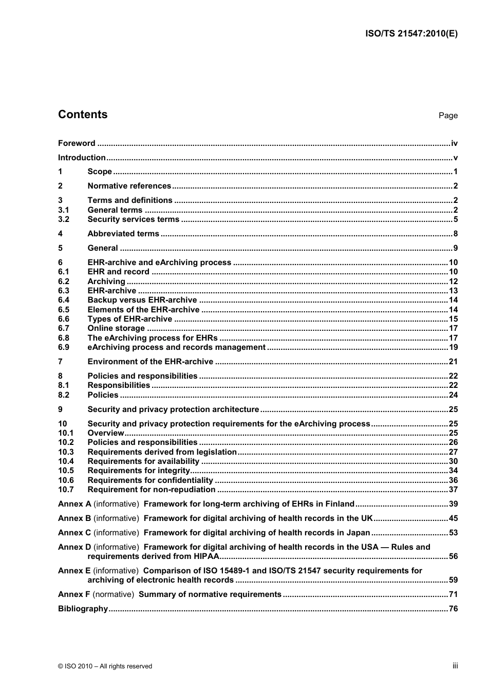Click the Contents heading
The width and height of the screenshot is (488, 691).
click(x=83, y=115)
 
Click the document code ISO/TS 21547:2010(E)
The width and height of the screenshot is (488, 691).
click(x=411, y=34)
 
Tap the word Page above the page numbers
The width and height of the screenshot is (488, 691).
click(x=448, y=116)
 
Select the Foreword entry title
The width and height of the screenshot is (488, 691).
click(x=77, y=143)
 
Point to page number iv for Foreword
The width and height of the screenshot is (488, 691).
click(x=454, y=143)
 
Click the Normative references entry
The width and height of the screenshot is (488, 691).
click(x=129, y=186)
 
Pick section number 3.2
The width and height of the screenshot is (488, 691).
click(x=64, y=219)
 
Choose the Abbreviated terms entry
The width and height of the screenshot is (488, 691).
click(x=123, y=234)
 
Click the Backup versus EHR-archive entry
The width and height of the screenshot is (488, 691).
click(x=142, y=300)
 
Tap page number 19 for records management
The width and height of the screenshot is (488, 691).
click(x=453, y=347)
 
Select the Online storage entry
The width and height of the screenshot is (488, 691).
click(x=116, y=328)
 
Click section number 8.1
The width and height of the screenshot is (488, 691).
click(x=64, y=385)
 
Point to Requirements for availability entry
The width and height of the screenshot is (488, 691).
click(x=143, y=461)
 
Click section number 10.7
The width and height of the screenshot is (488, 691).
click(x=66, y=490)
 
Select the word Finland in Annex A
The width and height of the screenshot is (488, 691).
click(x=340, y=504)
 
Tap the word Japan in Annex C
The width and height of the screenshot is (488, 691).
click(x=358, y=533)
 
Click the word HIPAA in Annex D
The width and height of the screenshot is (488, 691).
click(x=204, y=556)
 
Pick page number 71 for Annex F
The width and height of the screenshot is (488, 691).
click(x=453, y=594)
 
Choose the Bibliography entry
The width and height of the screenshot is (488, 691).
click(x=83, y=609)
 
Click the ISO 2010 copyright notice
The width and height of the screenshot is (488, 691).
click(x=105, y=666)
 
